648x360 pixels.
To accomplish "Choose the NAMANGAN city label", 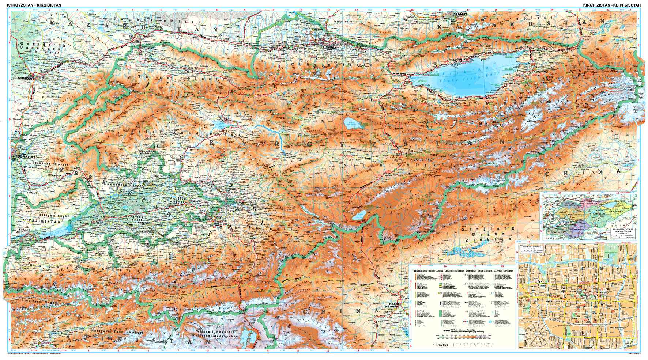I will [158, 185].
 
